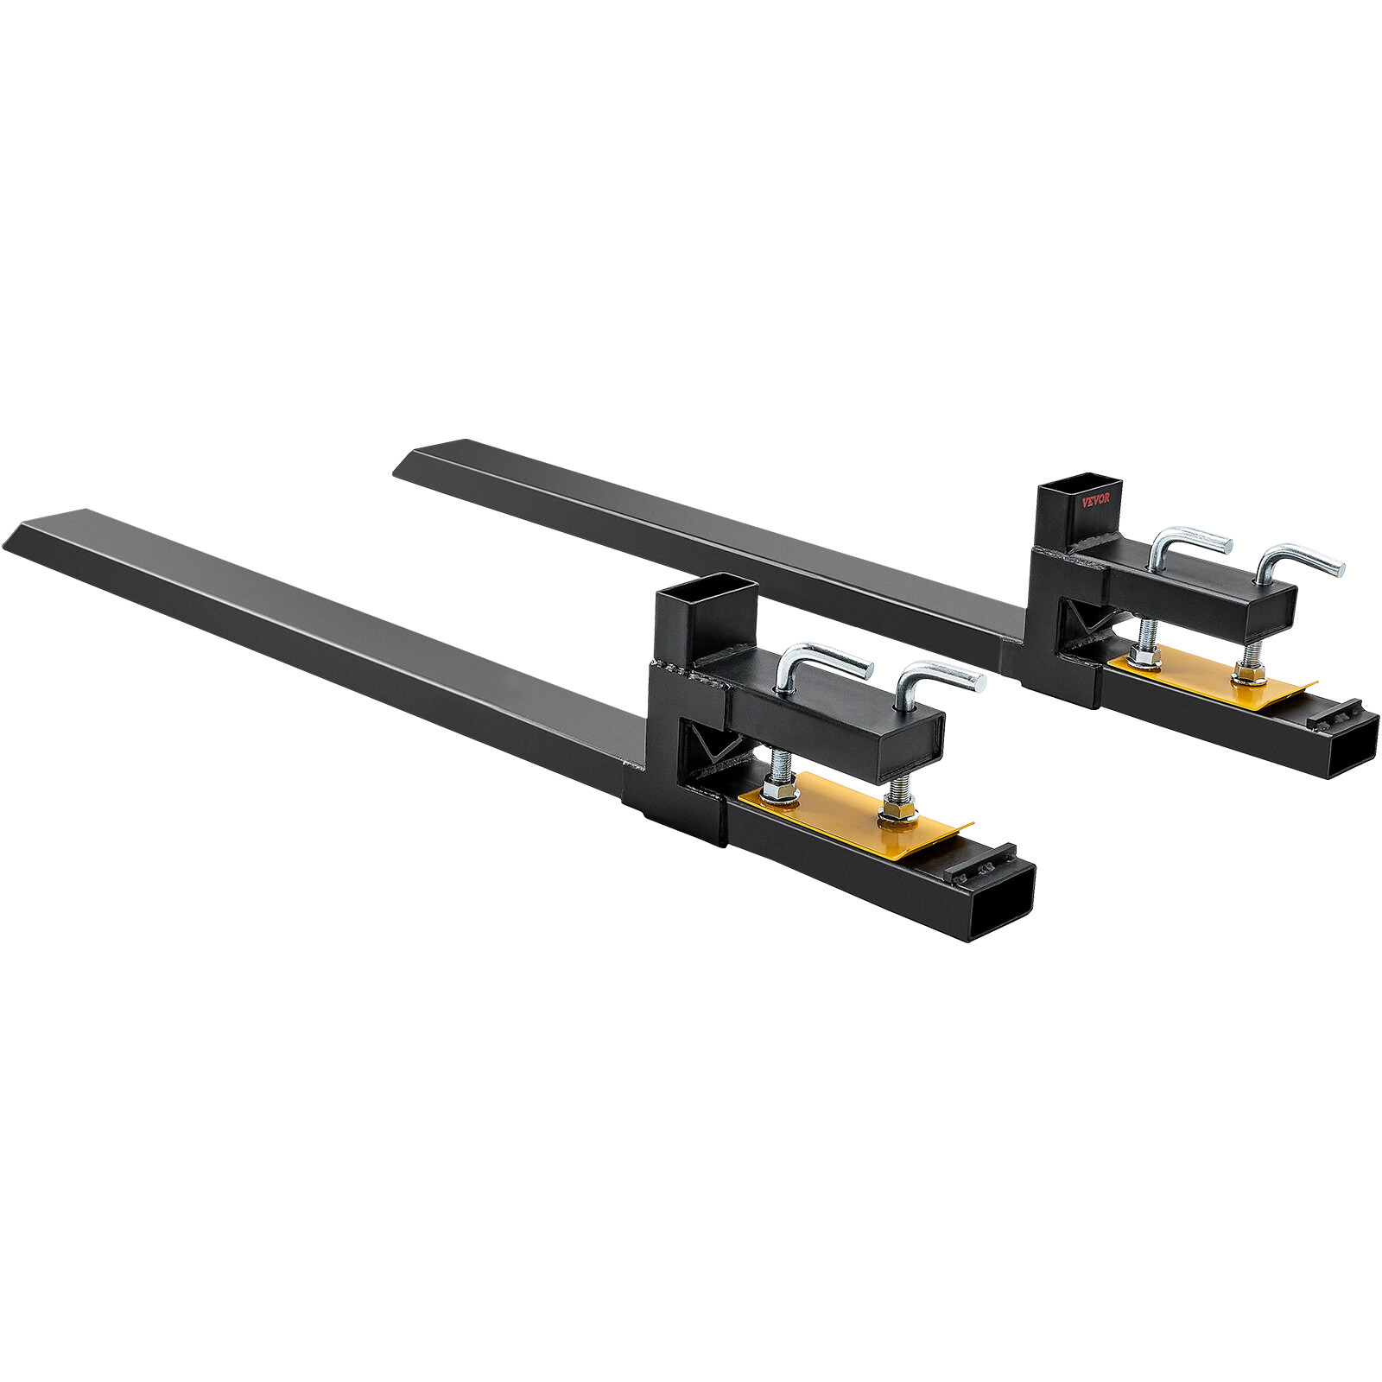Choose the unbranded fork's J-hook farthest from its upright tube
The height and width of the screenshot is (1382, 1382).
click(937, 682)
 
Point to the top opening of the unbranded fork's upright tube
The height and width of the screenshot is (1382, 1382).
click(707, 601)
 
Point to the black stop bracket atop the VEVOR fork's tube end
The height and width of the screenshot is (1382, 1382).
click(1334, 713)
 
